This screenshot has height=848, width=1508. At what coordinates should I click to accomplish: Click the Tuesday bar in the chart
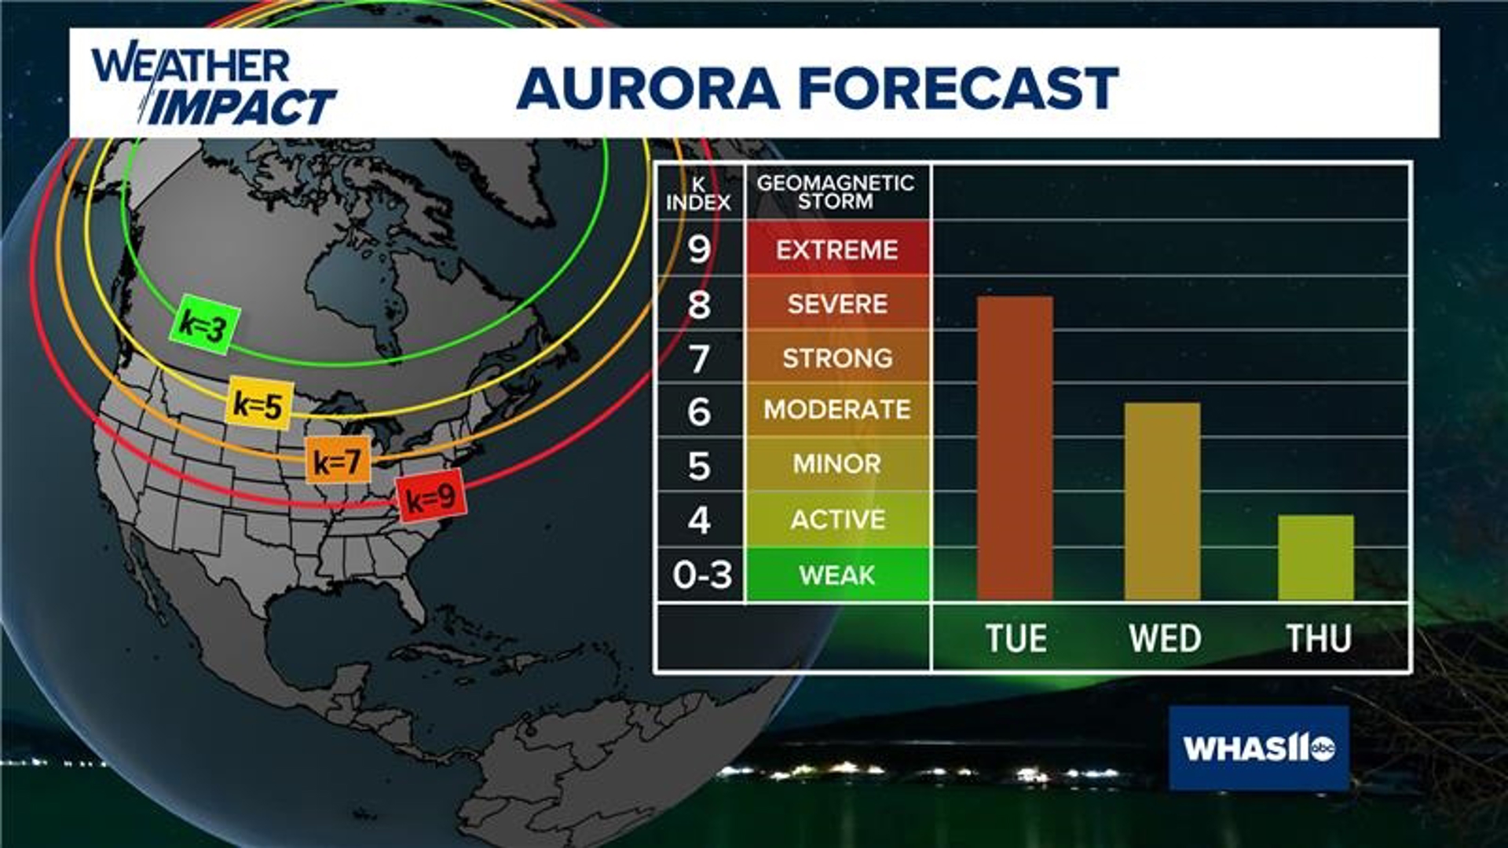pos(1015,448)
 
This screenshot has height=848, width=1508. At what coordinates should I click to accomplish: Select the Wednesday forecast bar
pos(1162,502)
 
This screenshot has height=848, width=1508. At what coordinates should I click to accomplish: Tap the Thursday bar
pos(1316,557)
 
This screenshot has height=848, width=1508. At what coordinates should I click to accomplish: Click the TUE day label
pos(1016,638)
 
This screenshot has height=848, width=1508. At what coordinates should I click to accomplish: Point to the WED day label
pos(1165,638)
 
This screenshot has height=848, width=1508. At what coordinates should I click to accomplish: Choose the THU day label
pos(1318,638)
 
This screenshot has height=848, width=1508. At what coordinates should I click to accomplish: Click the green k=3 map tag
pos(205,324)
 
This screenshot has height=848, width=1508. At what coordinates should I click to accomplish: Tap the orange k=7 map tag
pos(338,461)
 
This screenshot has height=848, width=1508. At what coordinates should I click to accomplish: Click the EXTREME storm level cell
pos(837,250)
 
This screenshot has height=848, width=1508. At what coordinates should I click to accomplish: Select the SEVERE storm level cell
pos(837,304)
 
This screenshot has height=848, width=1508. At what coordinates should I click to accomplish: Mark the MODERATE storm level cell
pos(837,409)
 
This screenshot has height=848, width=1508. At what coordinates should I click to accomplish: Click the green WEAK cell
pos(837,575)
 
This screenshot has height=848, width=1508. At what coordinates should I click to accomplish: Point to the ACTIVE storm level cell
pos(837,519)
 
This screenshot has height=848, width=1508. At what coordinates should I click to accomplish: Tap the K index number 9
pos(699,250)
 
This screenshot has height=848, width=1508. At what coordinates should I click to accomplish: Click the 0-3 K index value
pos(701,575)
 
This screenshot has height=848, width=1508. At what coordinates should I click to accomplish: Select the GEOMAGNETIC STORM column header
pos(836,192)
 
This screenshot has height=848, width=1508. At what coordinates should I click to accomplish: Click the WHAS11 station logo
pos(1259,747)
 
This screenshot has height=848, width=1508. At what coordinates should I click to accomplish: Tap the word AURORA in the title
pos(648,88)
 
